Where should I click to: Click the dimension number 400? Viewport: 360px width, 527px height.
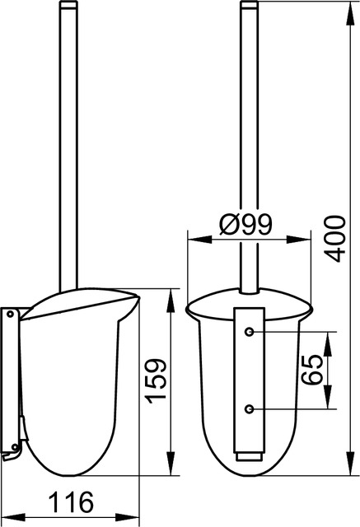pyautogui.click(x=336, y=239)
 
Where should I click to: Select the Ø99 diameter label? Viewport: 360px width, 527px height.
pyautogui.click(x=245, y=224)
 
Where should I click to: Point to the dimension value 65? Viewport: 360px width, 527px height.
pyautogui.click(x=311, y=370)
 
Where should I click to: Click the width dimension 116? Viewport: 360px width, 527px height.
pyautogui.click(x=72, y=502)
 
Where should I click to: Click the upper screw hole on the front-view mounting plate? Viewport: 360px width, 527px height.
pyautogui.click(x=249, y=332)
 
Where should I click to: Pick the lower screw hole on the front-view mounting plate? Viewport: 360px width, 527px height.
pyautogui.click(x=249, y=409)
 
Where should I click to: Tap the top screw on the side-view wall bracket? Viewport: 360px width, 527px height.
pyautogui.click(x=11, y=315)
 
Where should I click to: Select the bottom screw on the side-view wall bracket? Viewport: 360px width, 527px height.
pyautogui.click(x=15, y=447)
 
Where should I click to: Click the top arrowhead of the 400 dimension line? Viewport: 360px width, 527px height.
pyautogui.click(x=351, y=13)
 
